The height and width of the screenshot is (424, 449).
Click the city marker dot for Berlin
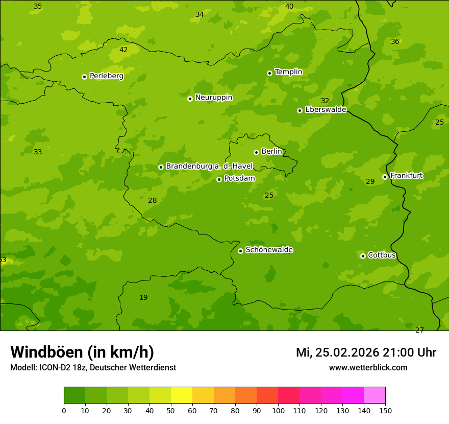256,152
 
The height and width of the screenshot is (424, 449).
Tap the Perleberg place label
106,76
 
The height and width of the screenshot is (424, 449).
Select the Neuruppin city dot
190,99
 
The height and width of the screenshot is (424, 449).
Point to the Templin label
288,72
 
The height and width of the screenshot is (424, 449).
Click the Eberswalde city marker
300,110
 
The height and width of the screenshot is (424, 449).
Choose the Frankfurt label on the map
406,176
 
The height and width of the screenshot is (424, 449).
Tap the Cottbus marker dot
363,256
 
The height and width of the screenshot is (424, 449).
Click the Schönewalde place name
269,250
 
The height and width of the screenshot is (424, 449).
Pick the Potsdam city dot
219,179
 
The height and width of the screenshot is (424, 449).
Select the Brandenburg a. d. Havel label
209,166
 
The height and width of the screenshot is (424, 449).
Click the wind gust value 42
123,50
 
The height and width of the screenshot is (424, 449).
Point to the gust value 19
143,297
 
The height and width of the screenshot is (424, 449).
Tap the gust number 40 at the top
289,6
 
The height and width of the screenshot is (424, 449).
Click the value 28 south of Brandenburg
152,200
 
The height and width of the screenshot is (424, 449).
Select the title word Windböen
46,352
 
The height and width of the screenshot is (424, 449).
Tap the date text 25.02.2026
347,352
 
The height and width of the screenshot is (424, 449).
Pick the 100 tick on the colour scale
278,410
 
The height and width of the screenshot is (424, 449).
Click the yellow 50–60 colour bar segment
182,395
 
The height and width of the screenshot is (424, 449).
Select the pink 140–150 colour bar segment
375,395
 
